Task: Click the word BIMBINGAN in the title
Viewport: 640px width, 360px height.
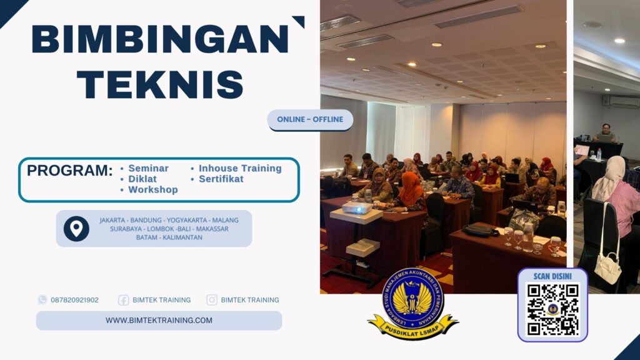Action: (x=159, y=39)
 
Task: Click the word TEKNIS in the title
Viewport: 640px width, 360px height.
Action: (x=164, y=84)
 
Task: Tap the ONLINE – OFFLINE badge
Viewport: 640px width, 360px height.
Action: (x=311, y=119)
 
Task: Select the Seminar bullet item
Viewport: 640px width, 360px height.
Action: (x=148, y=169)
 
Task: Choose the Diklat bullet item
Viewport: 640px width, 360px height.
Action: (x=142, y=179)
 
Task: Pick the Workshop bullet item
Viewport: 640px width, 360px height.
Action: (x=153, y=189)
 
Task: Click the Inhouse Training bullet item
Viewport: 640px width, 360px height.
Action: (x=240, y=169)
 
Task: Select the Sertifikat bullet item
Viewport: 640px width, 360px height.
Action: (x=221, y=179)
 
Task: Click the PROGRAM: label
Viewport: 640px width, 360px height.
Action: (x=69, y=171)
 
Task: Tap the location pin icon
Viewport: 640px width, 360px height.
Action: (x=76, y=229)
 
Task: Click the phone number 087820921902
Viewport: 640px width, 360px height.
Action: (x=74, y=300)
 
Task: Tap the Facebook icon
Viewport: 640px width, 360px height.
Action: (x=124, y=300)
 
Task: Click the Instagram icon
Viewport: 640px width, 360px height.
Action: (x=212, y=300)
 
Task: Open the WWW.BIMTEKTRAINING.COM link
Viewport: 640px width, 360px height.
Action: (x=159, y=321)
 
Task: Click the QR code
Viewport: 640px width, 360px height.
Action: (x=552, y=309)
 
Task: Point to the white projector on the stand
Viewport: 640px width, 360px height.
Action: (x=357, y=207)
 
